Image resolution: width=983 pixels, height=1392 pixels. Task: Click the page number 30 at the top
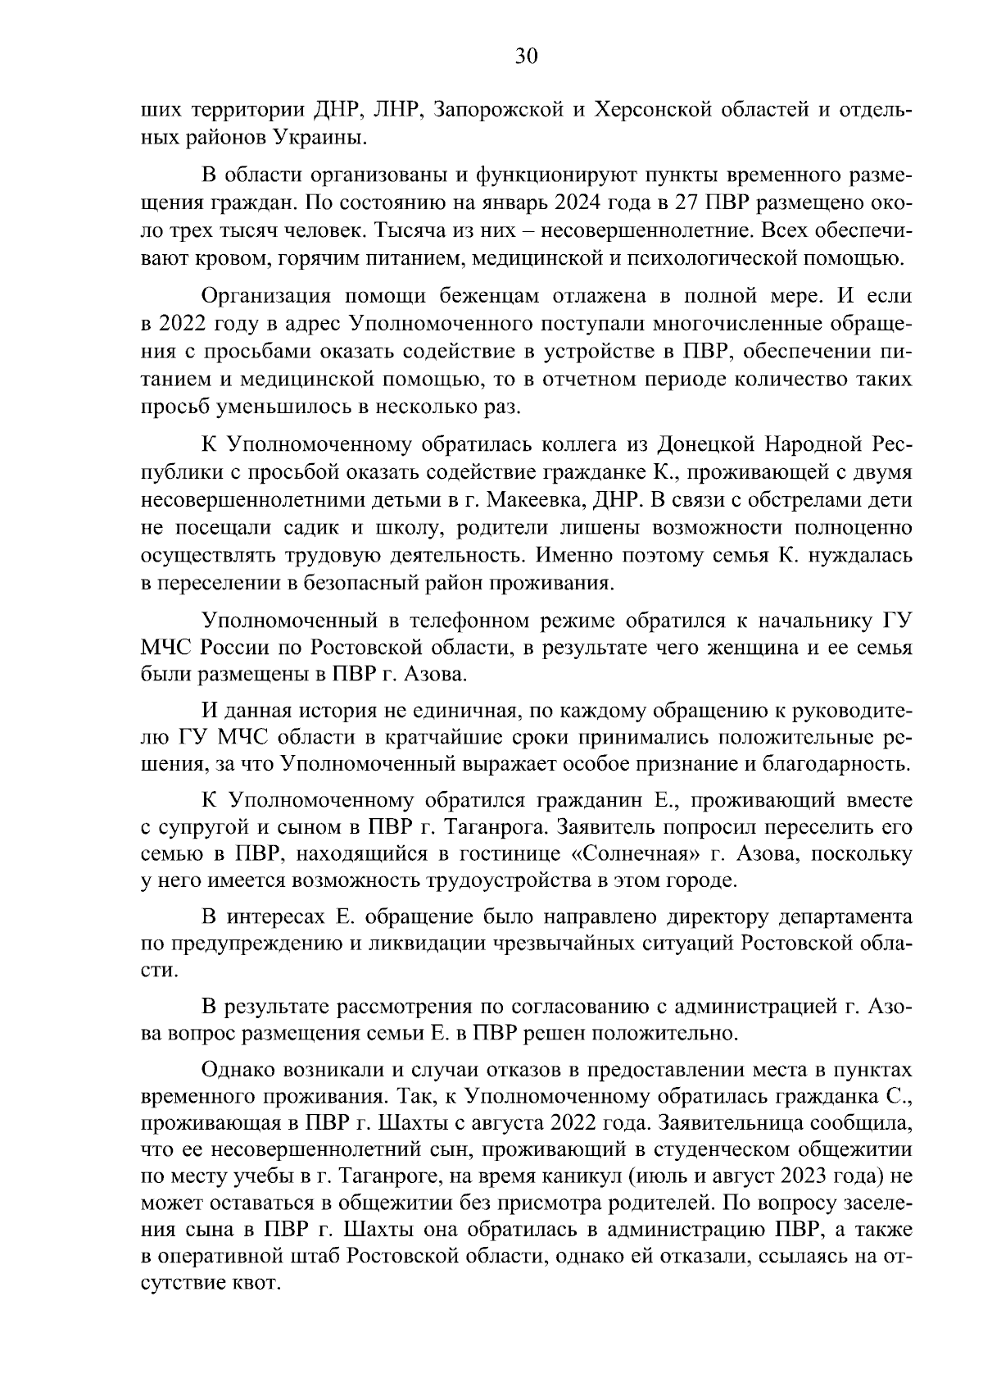pos(525,56)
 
